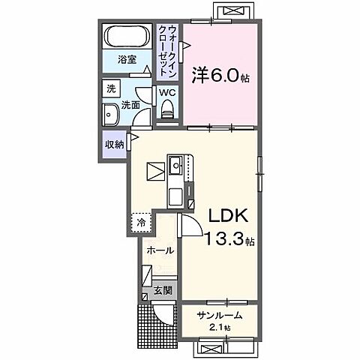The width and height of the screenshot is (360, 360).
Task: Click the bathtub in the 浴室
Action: click(127, 36)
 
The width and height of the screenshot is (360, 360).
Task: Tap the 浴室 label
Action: click(127, 59)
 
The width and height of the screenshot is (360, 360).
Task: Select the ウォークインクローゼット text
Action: click(168, 52)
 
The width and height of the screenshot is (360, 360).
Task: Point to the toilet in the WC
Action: click(167, 109)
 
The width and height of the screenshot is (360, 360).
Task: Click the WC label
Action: click(168, 93)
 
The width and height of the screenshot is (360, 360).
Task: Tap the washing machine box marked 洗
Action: click(111, 88)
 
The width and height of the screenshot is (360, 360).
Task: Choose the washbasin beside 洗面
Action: click(110, 115)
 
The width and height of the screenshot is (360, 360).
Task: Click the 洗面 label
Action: click(130, 105)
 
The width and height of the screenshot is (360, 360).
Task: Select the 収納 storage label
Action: click(114, 145)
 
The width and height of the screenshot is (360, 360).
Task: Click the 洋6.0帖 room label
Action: click(220, 75)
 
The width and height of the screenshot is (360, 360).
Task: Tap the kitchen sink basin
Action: click(176, 165)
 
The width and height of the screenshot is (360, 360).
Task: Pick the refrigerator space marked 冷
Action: click(142, 223)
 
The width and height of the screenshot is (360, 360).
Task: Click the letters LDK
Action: click(228, 215)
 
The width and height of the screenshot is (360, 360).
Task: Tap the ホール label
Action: click(160, 250)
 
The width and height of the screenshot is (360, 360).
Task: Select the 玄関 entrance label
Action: click(163, 290)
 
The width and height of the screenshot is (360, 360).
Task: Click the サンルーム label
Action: click(220, 316)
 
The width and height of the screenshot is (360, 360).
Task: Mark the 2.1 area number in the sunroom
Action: click(217, 327)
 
